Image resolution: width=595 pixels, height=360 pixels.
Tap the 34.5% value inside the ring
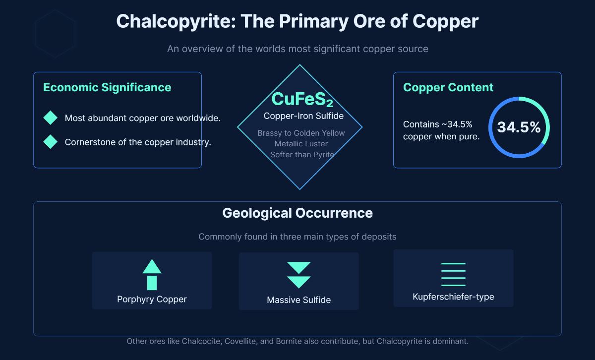coord(519,127)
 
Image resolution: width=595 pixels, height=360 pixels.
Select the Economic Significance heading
coord(107,87)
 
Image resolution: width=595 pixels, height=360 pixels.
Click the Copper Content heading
coord(448,87)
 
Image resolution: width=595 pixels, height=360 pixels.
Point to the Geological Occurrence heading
coord(297,213)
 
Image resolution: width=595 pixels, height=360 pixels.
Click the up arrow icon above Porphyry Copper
coord(152,274)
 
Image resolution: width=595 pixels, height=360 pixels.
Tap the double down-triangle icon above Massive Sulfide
coord(298,275)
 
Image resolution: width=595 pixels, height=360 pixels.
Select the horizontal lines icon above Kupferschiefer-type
coord(453,274)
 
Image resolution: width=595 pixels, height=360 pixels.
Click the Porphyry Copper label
coord(152,299)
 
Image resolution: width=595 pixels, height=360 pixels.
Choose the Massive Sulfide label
coord(298,300)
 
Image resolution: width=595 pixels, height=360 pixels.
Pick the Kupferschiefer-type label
coord(453,297)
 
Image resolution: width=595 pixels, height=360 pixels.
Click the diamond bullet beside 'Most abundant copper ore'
coord(51,118)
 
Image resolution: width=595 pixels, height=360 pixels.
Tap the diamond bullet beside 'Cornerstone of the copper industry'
coord(51,142)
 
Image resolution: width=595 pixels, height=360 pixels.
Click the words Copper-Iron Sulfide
coord(303,116)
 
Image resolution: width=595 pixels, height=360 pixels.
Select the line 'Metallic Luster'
coord(301,144)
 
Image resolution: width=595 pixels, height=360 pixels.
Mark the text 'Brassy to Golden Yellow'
coord(301,133)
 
